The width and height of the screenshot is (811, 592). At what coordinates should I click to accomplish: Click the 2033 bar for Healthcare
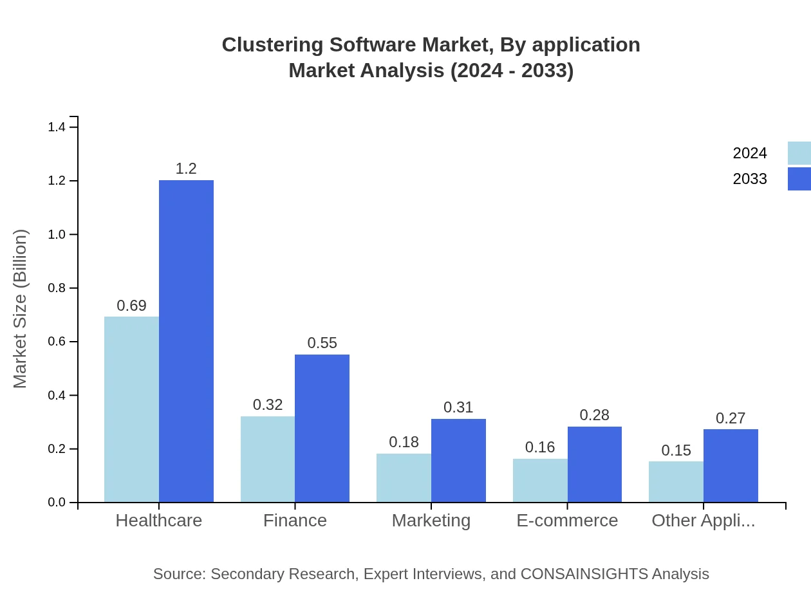coord(186,341)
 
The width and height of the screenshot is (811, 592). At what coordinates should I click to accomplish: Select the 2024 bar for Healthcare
coord(131,409)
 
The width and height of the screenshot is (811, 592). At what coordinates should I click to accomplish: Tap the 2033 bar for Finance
coord(322,428)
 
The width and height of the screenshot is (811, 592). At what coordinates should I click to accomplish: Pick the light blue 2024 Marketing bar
coord(404,477)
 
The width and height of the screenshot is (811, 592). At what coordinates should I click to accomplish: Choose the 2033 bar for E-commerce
coord(594,464)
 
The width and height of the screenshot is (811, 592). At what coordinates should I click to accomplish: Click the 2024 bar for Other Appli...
coord(676,481)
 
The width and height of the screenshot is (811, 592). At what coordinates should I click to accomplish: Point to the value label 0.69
coord(131,306)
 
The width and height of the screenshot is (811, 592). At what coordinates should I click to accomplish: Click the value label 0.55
coord(322,343)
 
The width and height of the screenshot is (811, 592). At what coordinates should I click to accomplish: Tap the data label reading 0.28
coord(594,415)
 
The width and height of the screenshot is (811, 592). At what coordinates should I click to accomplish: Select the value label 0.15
coord(676,450)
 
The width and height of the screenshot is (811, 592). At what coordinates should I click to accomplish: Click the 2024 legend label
coord(749,153)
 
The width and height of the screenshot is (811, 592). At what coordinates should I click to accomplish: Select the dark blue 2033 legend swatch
coord(799,179)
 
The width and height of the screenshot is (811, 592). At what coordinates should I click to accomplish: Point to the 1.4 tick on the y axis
coord(57,127)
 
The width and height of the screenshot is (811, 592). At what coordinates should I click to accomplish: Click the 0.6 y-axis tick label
coord(57,342)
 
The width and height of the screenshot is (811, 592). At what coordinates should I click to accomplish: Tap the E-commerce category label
coord(567,520)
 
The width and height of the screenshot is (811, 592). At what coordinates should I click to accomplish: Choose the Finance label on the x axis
coord(295,520)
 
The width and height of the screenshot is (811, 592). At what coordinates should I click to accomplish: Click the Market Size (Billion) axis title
coord(21,309)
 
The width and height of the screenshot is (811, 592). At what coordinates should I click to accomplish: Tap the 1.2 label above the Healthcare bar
coord(186,169)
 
